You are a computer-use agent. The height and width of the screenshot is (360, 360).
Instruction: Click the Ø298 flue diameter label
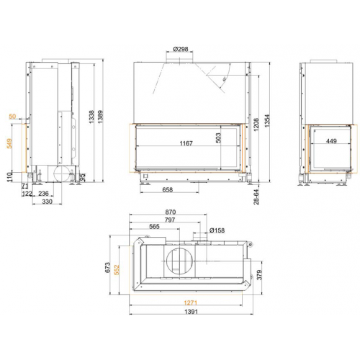pos(182,50)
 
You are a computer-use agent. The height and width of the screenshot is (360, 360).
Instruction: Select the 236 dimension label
pos(42,194)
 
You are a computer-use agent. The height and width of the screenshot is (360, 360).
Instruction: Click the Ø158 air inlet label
pos(218,230)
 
